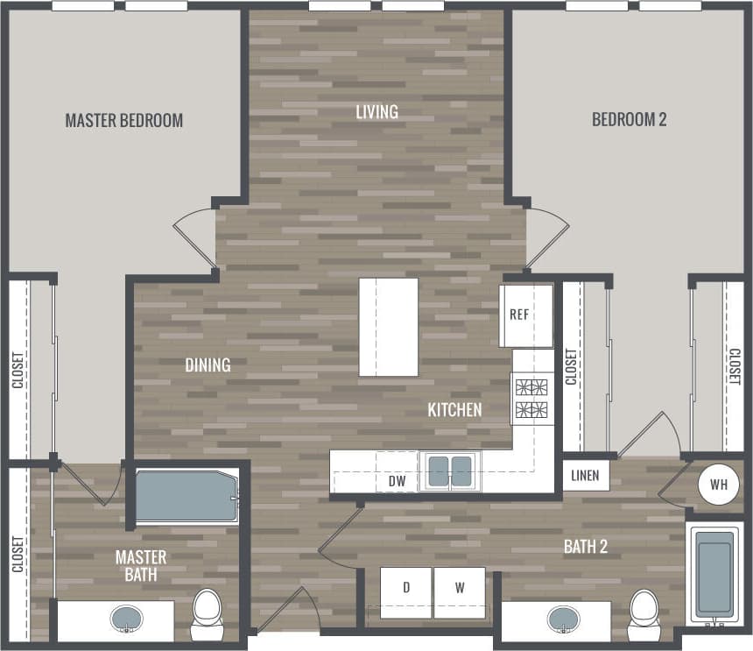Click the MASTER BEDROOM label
point(124,121)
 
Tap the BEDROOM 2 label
point(629,119)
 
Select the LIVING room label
point(376,112)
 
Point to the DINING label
point(208,365)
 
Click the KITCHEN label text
point(454,409)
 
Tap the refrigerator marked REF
point(525,315)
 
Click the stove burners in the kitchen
point(532,398)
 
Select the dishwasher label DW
point(397,480)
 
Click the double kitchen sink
point(450,471)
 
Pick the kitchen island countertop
point(388,327)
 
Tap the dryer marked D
point(406,587)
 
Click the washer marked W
point(460,587)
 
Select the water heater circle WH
point(718,484)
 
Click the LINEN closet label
point(586,476)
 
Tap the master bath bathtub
point(184,497)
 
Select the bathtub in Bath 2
point(714,573)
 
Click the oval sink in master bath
point(128,620)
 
